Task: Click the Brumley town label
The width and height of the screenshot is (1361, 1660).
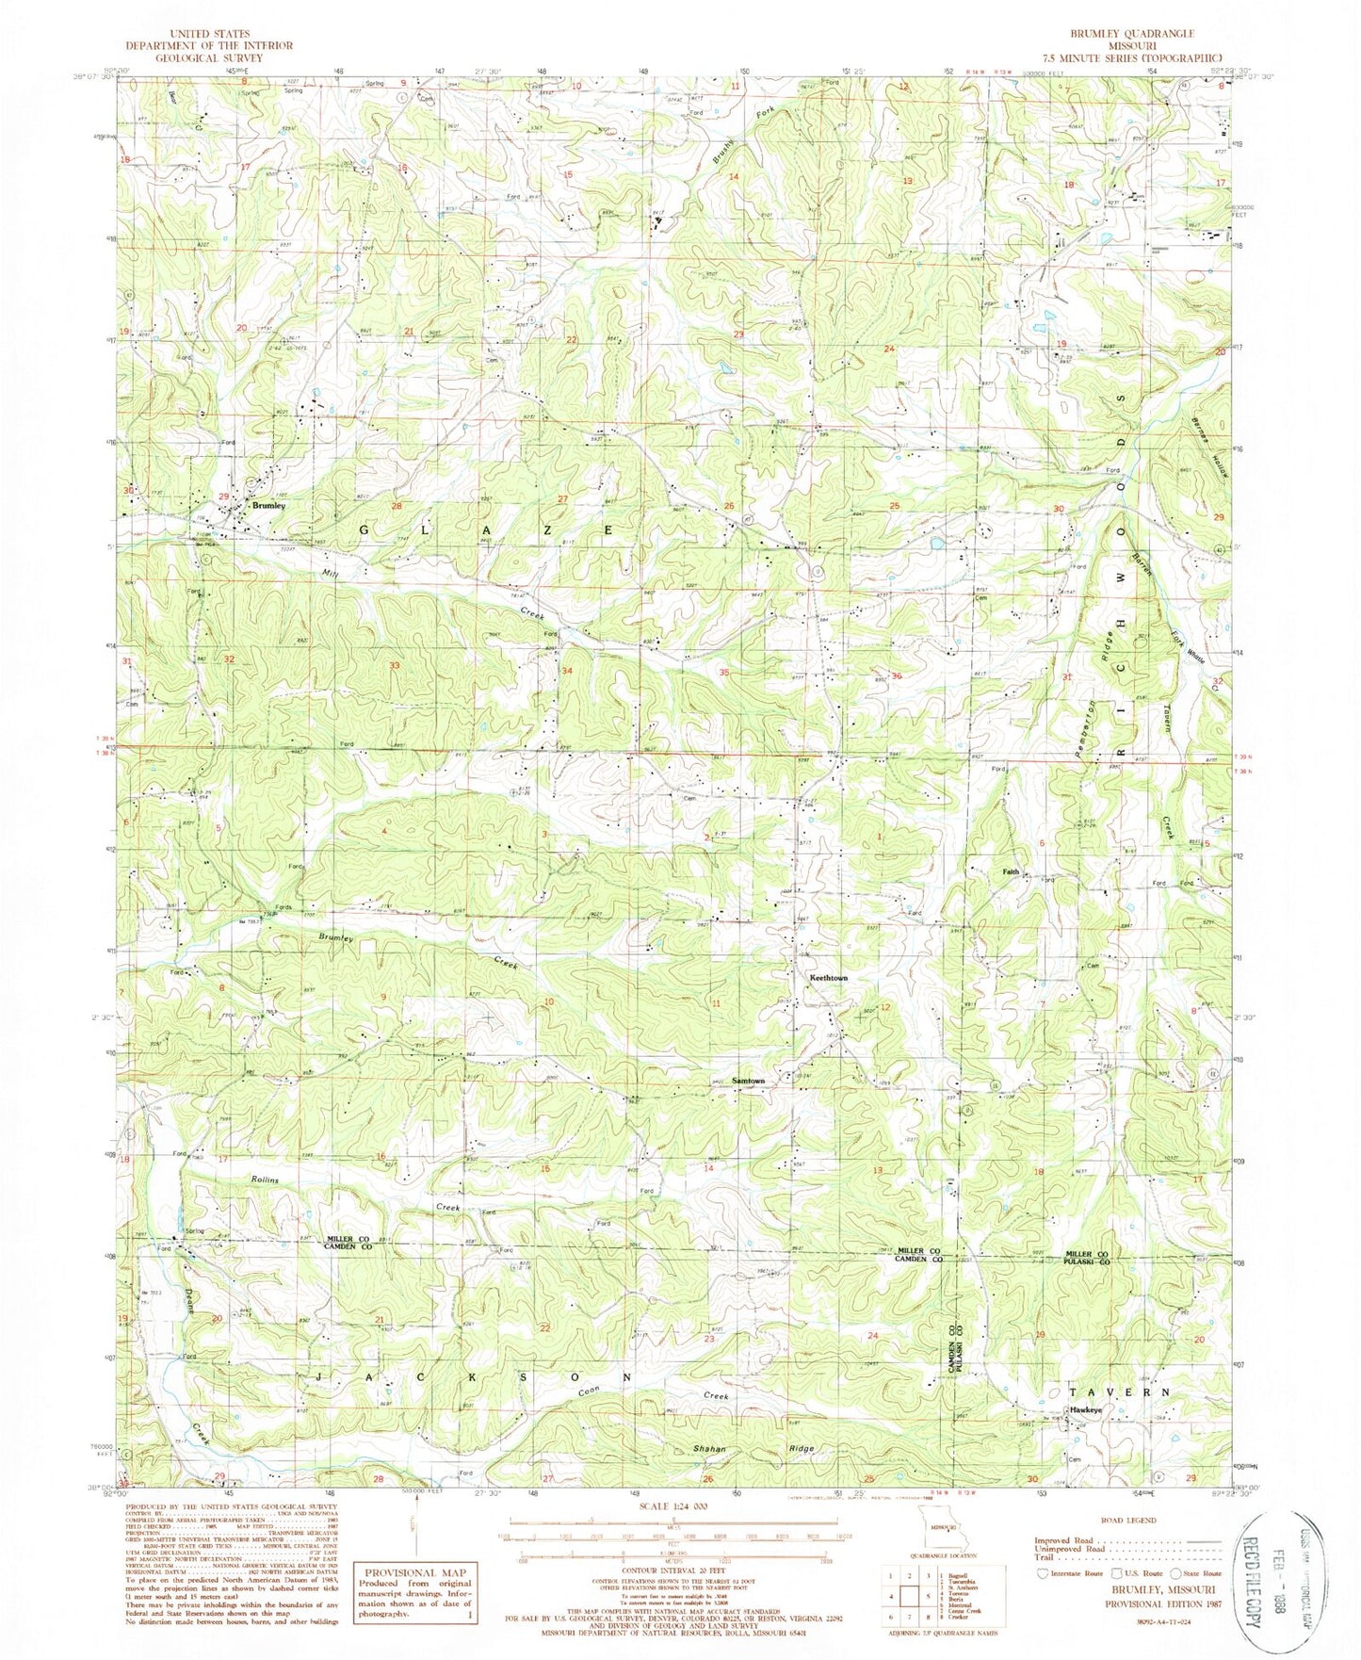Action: point(269,506)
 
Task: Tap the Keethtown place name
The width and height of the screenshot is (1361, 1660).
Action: point(829,978)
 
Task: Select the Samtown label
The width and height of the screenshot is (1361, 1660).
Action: point(750,1080)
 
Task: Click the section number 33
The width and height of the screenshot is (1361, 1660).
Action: point(396,666)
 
